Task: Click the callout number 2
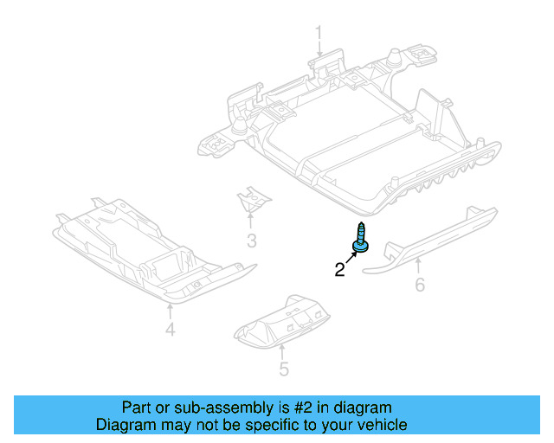[x=339, y=270]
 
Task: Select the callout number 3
[x=251, y=241]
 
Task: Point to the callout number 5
[x=283, y=371]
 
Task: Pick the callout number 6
[x=420, y=284]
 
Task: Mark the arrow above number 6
[x=419, y=264]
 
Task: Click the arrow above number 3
[x=250, y=221]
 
